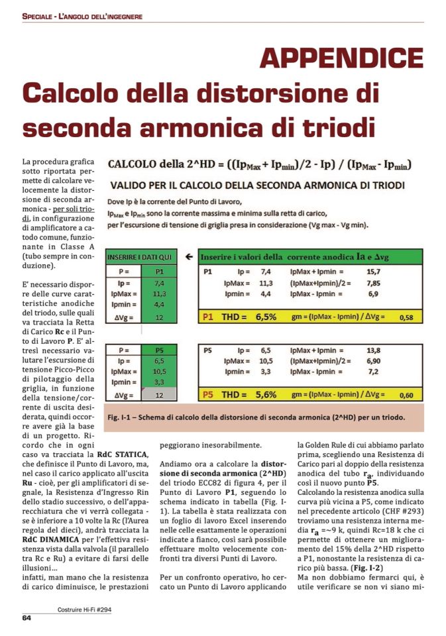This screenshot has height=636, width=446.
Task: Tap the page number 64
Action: click(27, 619)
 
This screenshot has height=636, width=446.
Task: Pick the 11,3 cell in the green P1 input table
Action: click(159, 293)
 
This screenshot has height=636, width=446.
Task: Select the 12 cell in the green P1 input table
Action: click(159, 317)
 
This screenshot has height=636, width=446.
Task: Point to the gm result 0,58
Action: click(406, 318)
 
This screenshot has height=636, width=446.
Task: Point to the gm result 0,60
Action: click(406, 396)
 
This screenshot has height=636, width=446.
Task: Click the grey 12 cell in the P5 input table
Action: click(159, 395)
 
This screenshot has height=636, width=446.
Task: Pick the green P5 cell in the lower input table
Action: click(159, 349)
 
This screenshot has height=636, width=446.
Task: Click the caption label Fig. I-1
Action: click(121, 417)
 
